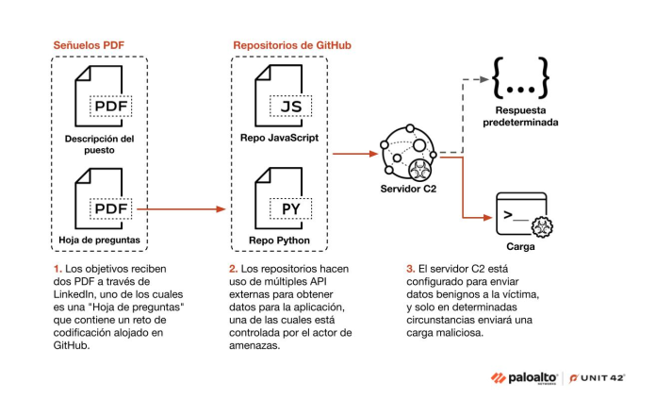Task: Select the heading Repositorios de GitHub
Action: (x=293, y=45)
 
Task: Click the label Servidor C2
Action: (x=407, y=190)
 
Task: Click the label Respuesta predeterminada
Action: (x=517, y=116)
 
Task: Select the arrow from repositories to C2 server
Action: (x=354, y=151)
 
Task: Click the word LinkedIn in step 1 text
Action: (x=78, y=295)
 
